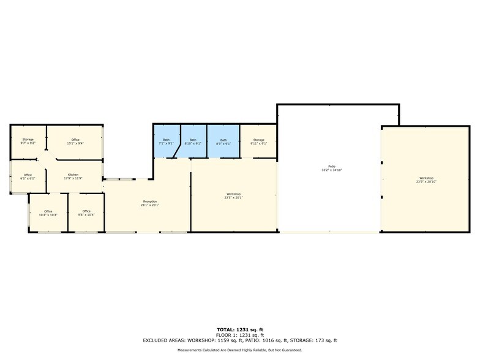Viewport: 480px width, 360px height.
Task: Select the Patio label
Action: point(331,167)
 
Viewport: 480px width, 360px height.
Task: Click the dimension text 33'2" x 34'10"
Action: point(331,170)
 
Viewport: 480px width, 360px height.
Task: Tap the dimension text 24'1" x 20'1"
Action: point(150,206)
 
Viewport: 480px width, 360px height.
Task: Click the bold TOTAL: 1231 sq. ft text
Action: point(240,330)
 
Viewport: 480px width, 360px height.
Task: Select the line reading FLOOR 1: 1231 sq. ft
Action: point(240,335)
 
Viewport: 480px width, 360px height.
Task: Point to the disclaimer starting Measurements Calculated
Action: point(240,350)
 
